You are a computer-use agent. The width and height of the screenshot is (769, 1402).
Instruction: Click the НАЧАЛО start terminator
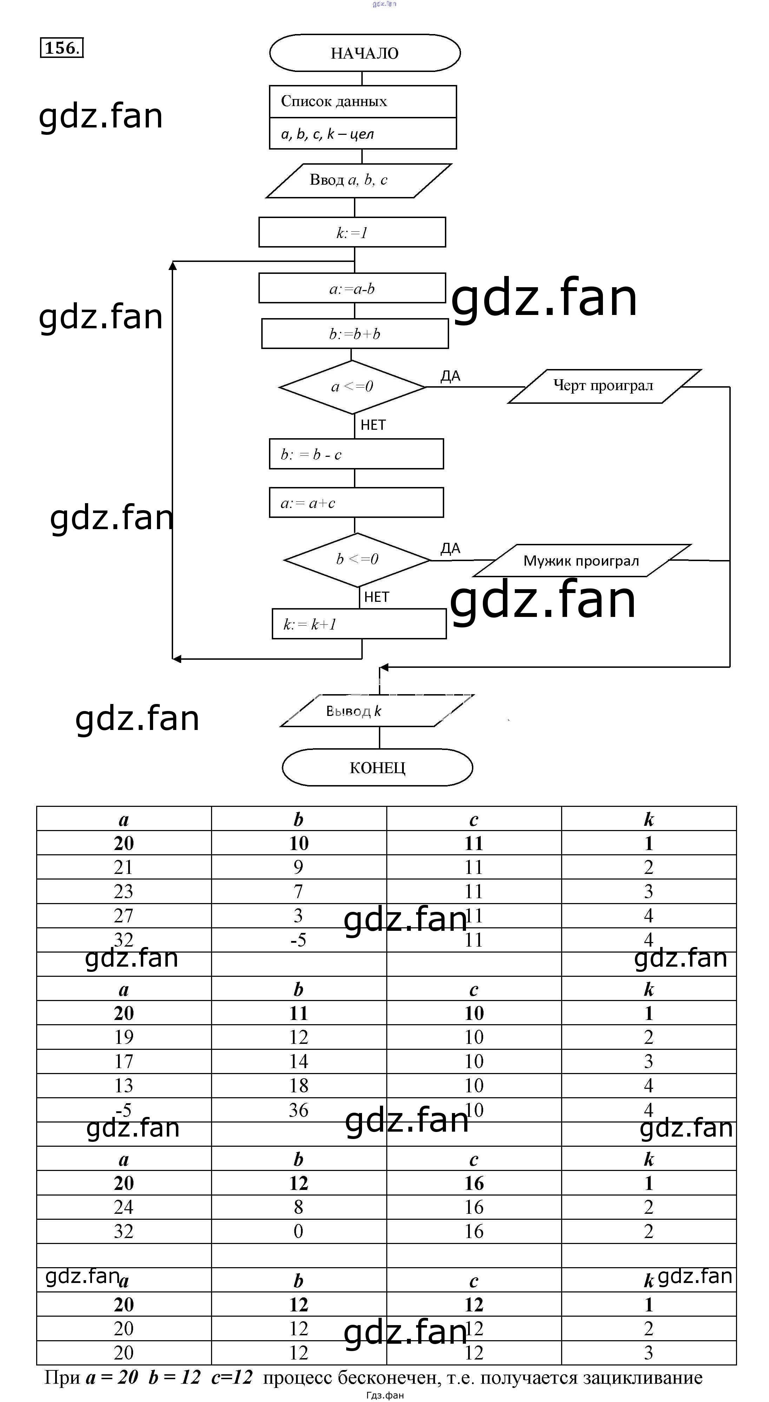point(364,53)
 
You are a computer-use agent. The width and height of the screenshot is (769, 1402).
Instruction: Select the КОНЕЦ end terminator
point(377,768)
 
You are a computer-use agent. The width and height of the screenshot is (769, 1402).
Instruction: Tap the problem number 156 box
point(61,48)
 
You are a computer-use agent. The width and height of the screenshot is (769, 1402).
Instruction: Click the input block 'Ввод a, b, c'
point(358,180)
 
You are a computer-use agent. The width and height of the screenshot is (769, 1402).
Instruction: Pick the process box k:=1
point(352,232)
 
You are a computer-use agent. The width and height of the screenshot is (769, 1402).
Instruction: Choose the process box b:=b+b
point(355,334)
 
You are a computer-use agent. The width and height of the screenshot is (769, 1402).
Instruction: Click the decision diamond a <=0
point(352,387)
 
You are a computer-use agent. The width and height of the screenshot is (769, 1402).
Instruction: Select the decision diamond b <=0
point(357,559)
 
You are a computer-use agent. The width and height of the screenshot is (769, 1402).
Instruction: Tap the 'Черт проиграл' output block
point(604,386)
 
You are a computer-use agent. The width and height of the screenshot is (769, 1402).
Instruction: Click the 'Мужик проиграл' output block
point(581,561)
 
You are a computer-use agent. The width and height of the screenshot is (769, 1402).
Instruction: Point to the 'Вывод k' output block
point(377,711)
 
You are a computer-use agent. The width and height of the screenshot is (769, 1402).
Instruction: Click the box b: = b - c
point(356,454)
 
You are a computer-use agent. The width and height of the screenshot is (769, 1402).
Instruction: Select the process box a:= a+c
point(356,502)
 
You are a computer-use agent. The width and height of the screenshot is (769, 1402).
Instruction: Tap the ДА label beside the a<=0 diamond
point(450,376)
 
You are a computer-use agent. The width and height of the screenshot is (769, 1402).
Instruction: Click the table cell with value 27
point(124,915)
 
